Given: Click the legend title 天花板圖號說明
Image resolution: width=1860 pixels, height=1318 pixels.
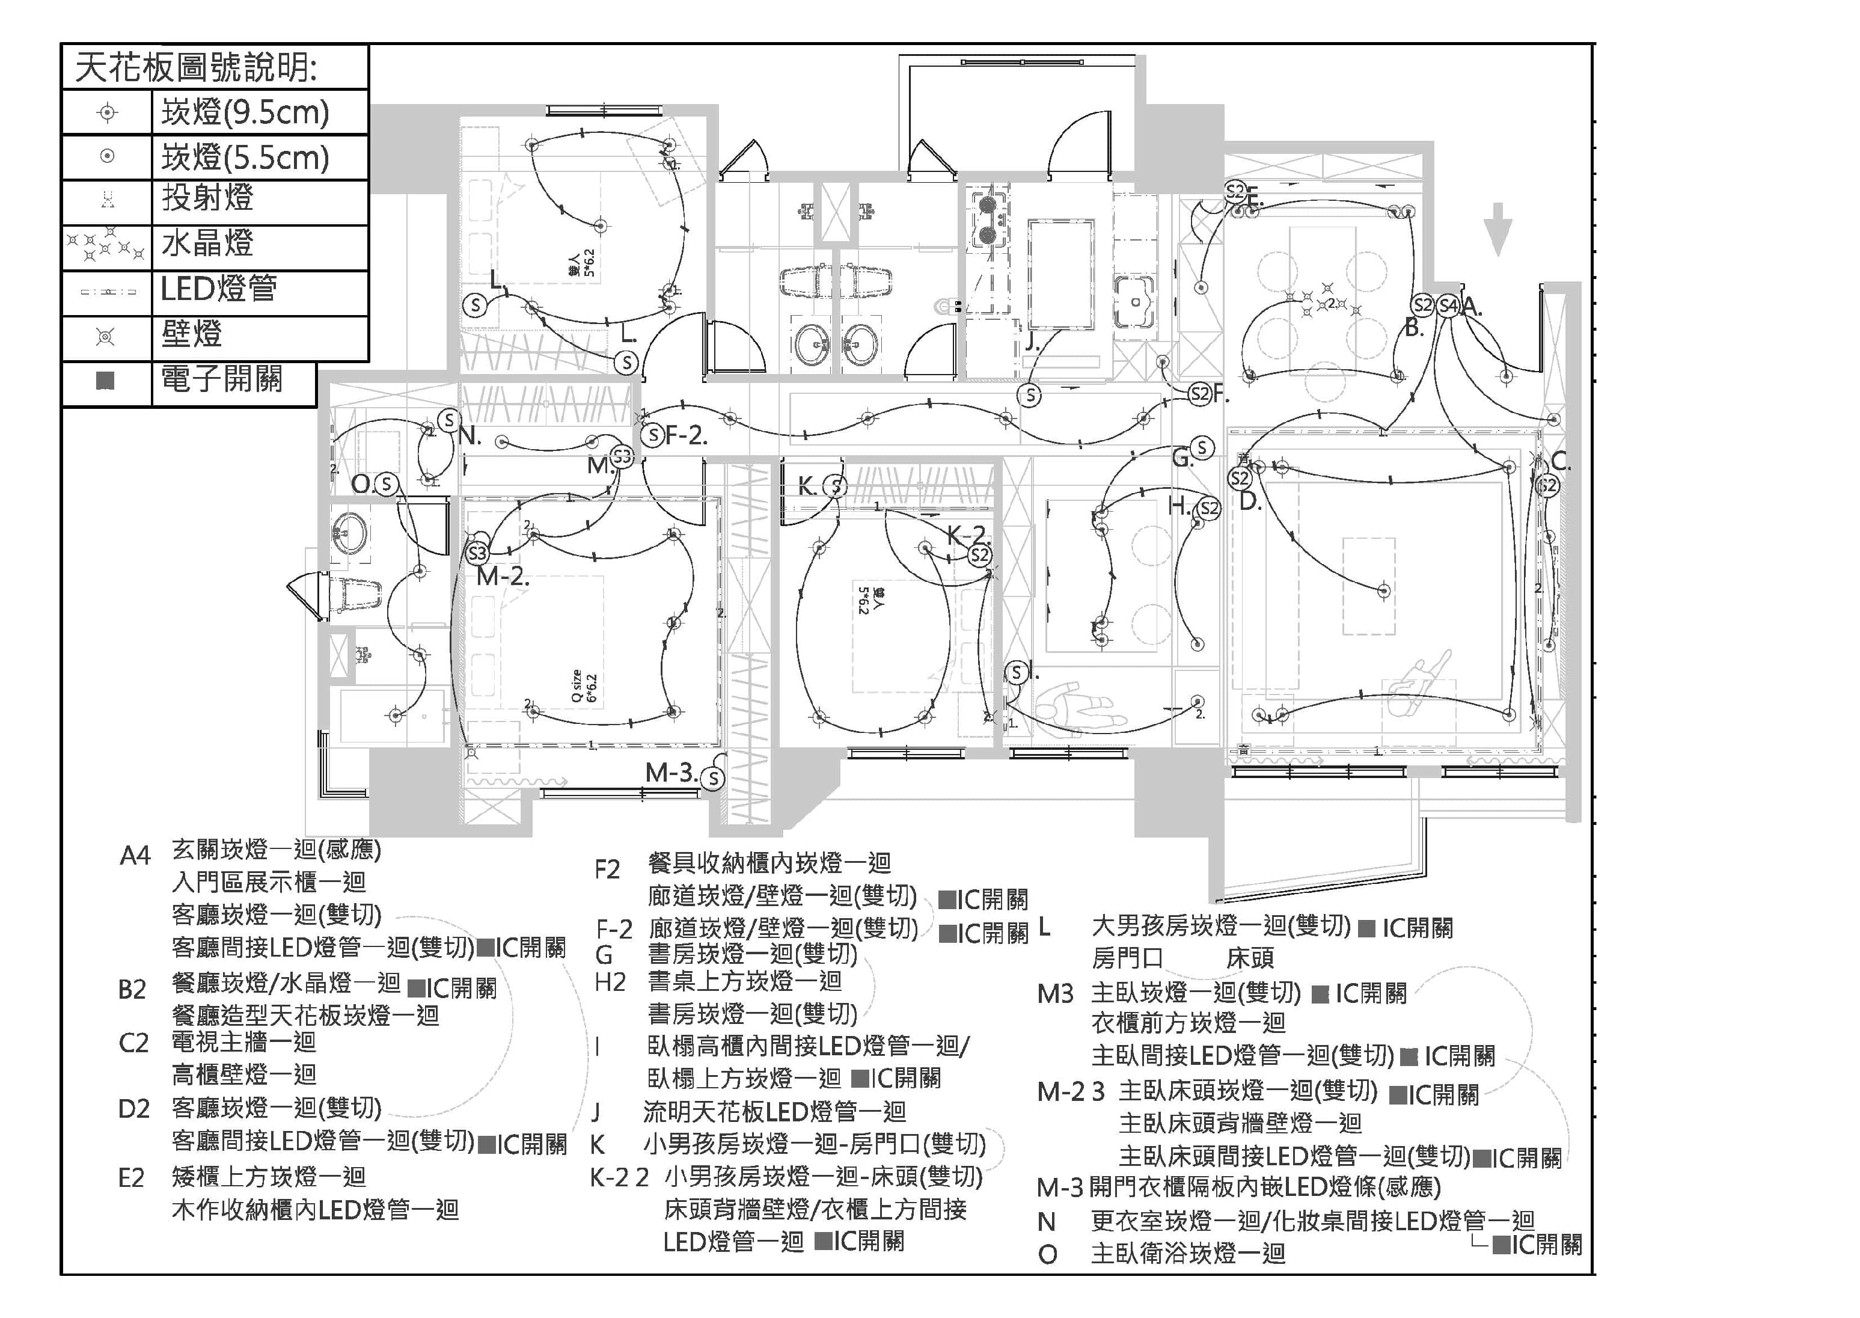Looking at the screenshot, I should [x=197, y=67].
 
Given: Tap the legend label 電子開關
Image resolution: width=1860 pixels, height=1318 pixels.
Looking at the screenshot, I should [x=222, y=378].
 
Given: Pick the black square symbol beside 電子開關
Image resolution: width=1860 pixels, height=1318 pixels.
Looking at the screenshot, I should [x=105, y=380].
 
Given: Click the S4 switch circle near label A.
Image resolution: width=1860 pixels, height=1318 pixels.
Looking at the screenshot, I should [x=1448, y=306].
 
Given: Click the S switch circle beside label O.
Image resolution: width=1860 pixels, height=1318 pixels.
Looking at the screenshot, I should [x=387, y=485].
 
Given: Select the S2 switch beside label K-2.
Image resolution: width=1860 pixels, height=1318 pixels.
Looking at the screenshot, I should [x=979, y=555].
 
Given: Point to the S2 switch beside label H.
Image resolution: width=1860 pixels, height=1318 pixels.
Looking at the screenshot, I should [x=1208, y=509].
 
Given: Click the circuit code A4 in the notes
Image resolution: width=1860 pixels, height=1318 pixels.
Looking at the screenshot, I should [x=135, y=856].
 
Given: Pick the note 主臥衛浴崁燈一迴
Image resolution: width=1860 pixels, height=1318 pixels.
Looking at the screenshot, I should [x=1188, y=1254].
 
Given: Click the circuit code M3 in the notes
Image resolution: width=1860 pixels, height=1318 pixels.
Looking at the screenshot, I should [x=1055, y=993].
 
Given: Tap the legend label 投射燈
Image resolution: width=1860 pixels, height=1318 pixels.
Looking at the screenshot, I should [x=208, y=198].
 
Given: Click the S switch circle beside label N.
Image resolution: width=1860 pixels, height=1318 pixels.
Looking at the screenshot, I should [x=449, y=420].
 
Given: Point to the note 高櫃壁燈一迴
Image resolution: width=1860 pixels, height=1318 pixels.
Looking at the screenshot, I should [x=243, y=1074].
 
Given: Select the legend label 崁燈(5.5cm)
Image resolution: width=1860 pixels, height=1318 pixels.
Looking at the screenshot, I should [x=245, y=158].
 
